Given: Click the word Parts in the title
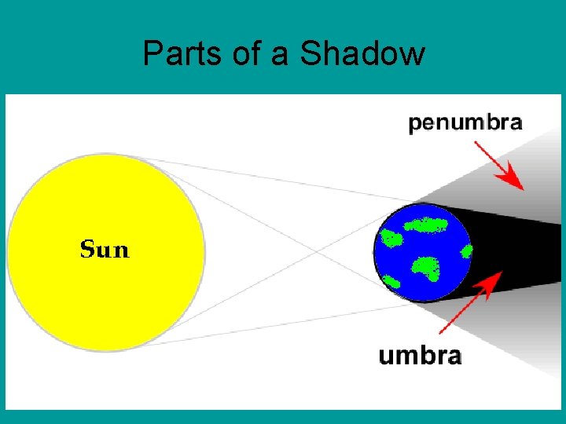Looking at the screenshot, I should pos(174,53).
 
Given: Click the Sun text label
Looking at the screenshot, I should pos(105,250).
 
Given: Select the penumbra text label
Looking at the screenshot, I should pos(465,122).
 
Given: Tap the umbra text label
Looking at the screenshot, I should pos(420,356).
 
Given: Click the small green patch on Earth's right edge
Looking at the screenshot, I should pos(466,251).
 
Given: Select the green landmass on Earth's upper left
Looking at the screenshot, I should pos(392,236).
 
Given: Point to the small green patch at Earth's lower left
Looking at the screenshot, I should pos(391,280).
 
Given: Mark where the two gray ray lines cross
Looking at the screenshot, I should pos(319,253).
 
